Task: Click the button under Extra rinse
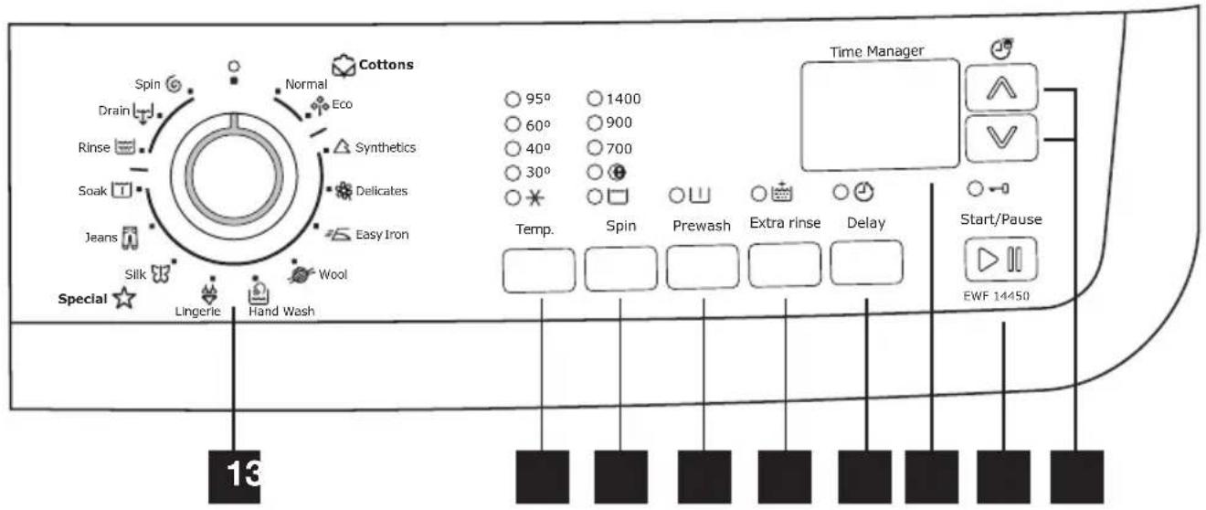pos(784,267)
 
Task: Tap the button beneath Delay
pos(867,262)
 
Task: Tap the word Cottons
pos(384,65)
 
